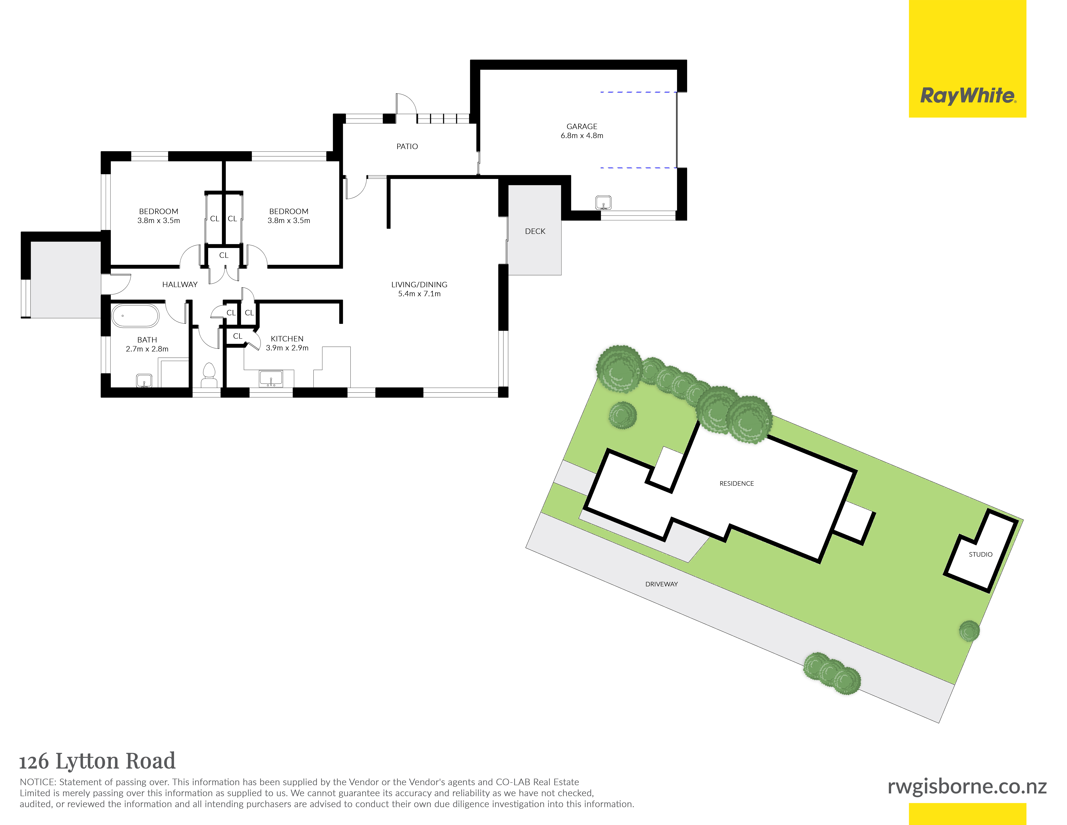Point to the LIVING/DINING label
point(419,284)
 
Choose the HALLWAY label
point(180,284)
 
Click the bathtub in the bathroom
point(135,316)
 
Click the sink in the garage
point(603,202)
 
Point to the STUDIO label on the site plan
point(981,554)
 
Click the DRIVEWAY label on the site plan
point(662,584)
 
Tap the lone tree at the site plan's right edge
point(969,631)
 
